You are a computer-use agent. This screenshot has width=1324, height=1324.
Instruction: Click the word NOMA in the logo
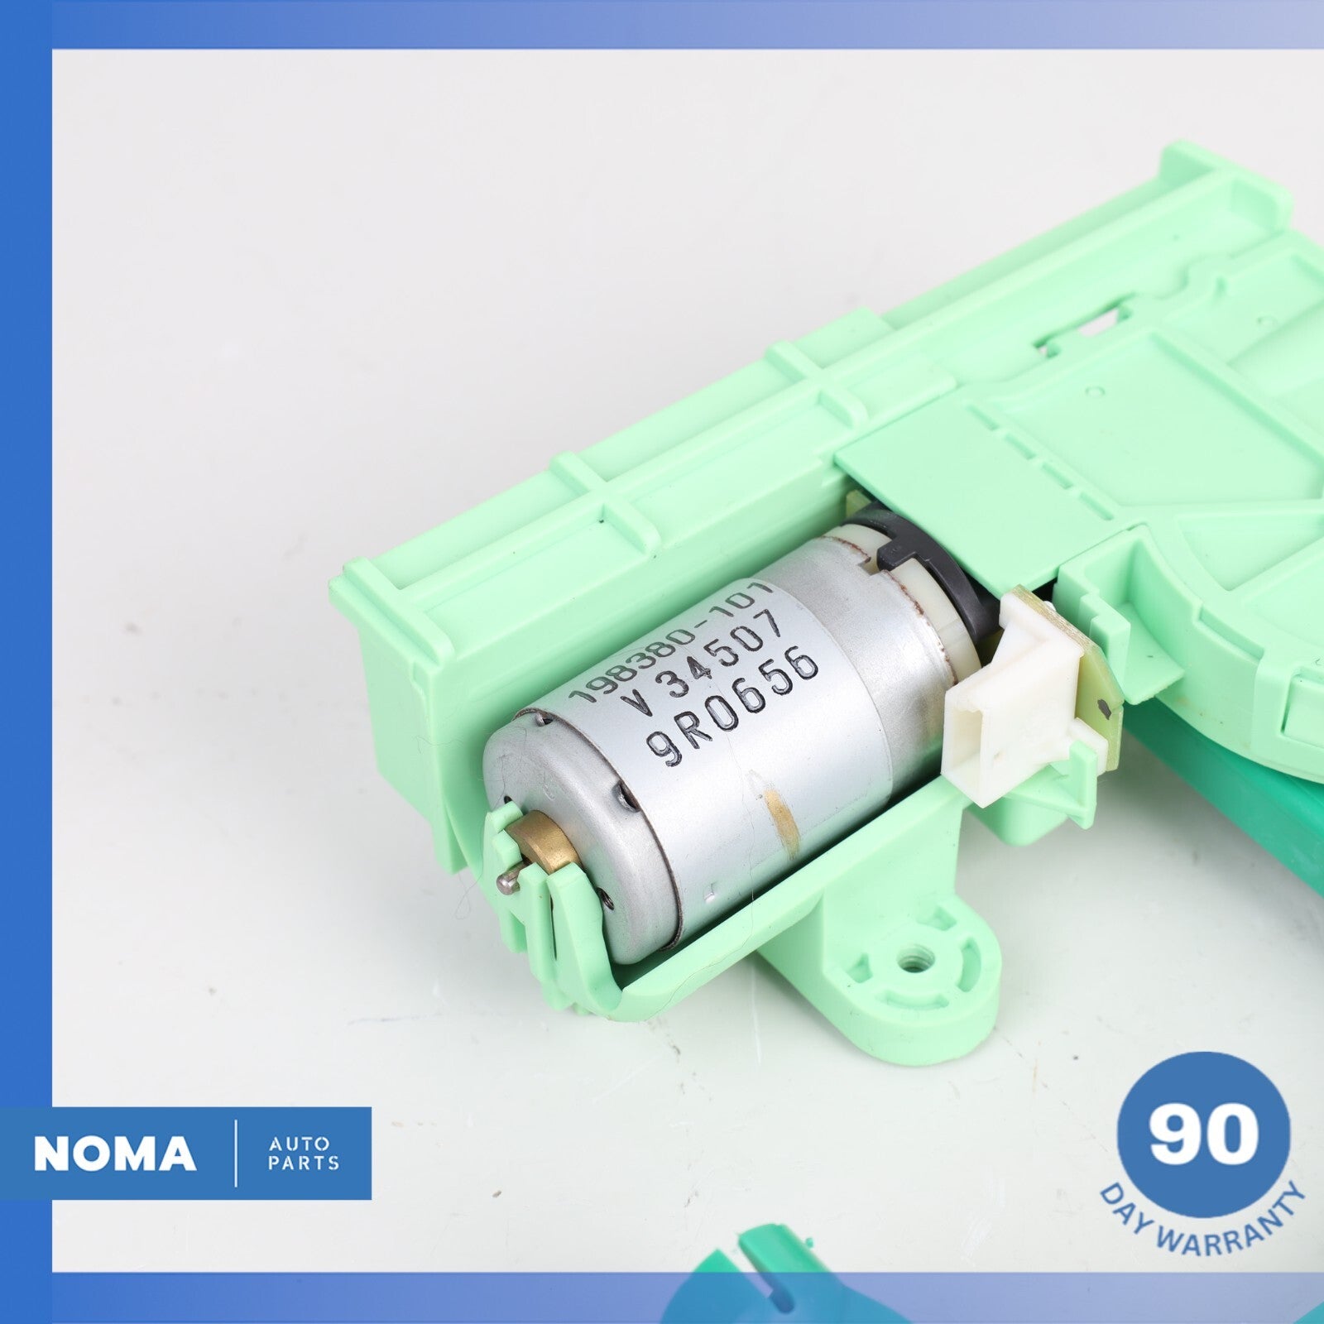tap(114, 1154)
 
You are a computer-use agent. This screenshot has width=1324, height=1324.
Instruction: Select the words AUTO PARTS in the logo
tap(304, 1154)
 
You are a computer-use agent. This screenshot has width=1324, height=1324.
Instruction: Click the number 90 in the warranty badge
tap(1203, 1137)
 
